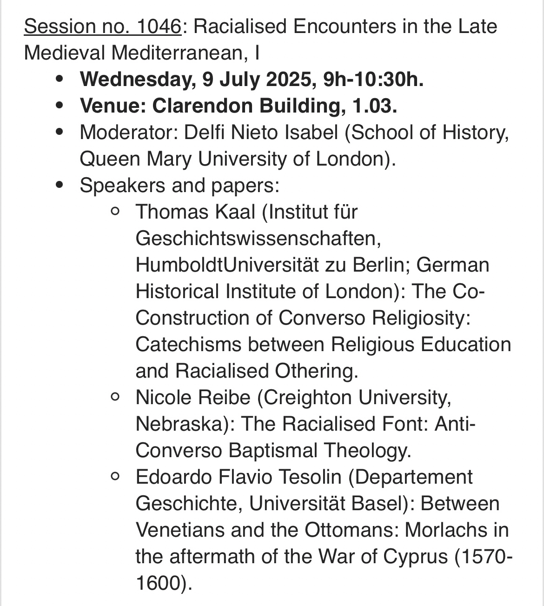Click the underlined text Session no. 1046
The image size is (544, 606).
coord(102,27)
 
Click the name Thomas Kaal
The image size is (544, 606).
coord(195,212)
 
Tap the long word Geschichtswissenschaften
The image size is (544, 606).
coord(259,239)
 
